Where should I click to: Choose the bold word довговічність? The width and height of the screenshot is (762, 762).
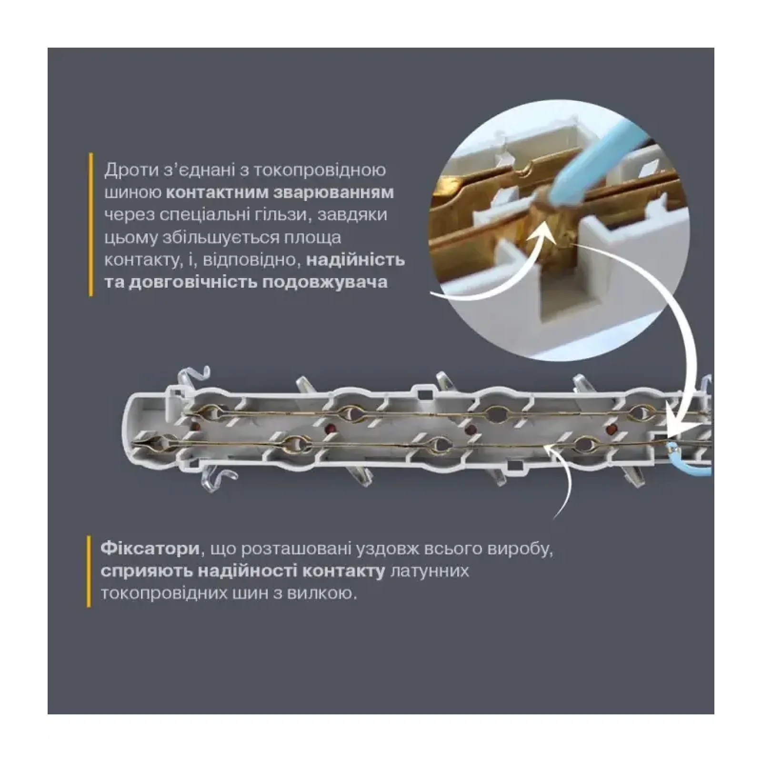[x=193, y=282]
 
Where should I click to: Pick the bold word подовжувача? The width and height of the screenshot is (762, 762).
[x=325, y=282]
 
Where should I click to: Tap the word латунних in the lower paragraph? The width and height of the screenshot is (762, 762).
[x=429, y=571]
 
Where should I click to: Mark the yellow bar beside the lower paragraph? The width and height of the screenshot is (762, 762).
[x=89, y=571]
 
